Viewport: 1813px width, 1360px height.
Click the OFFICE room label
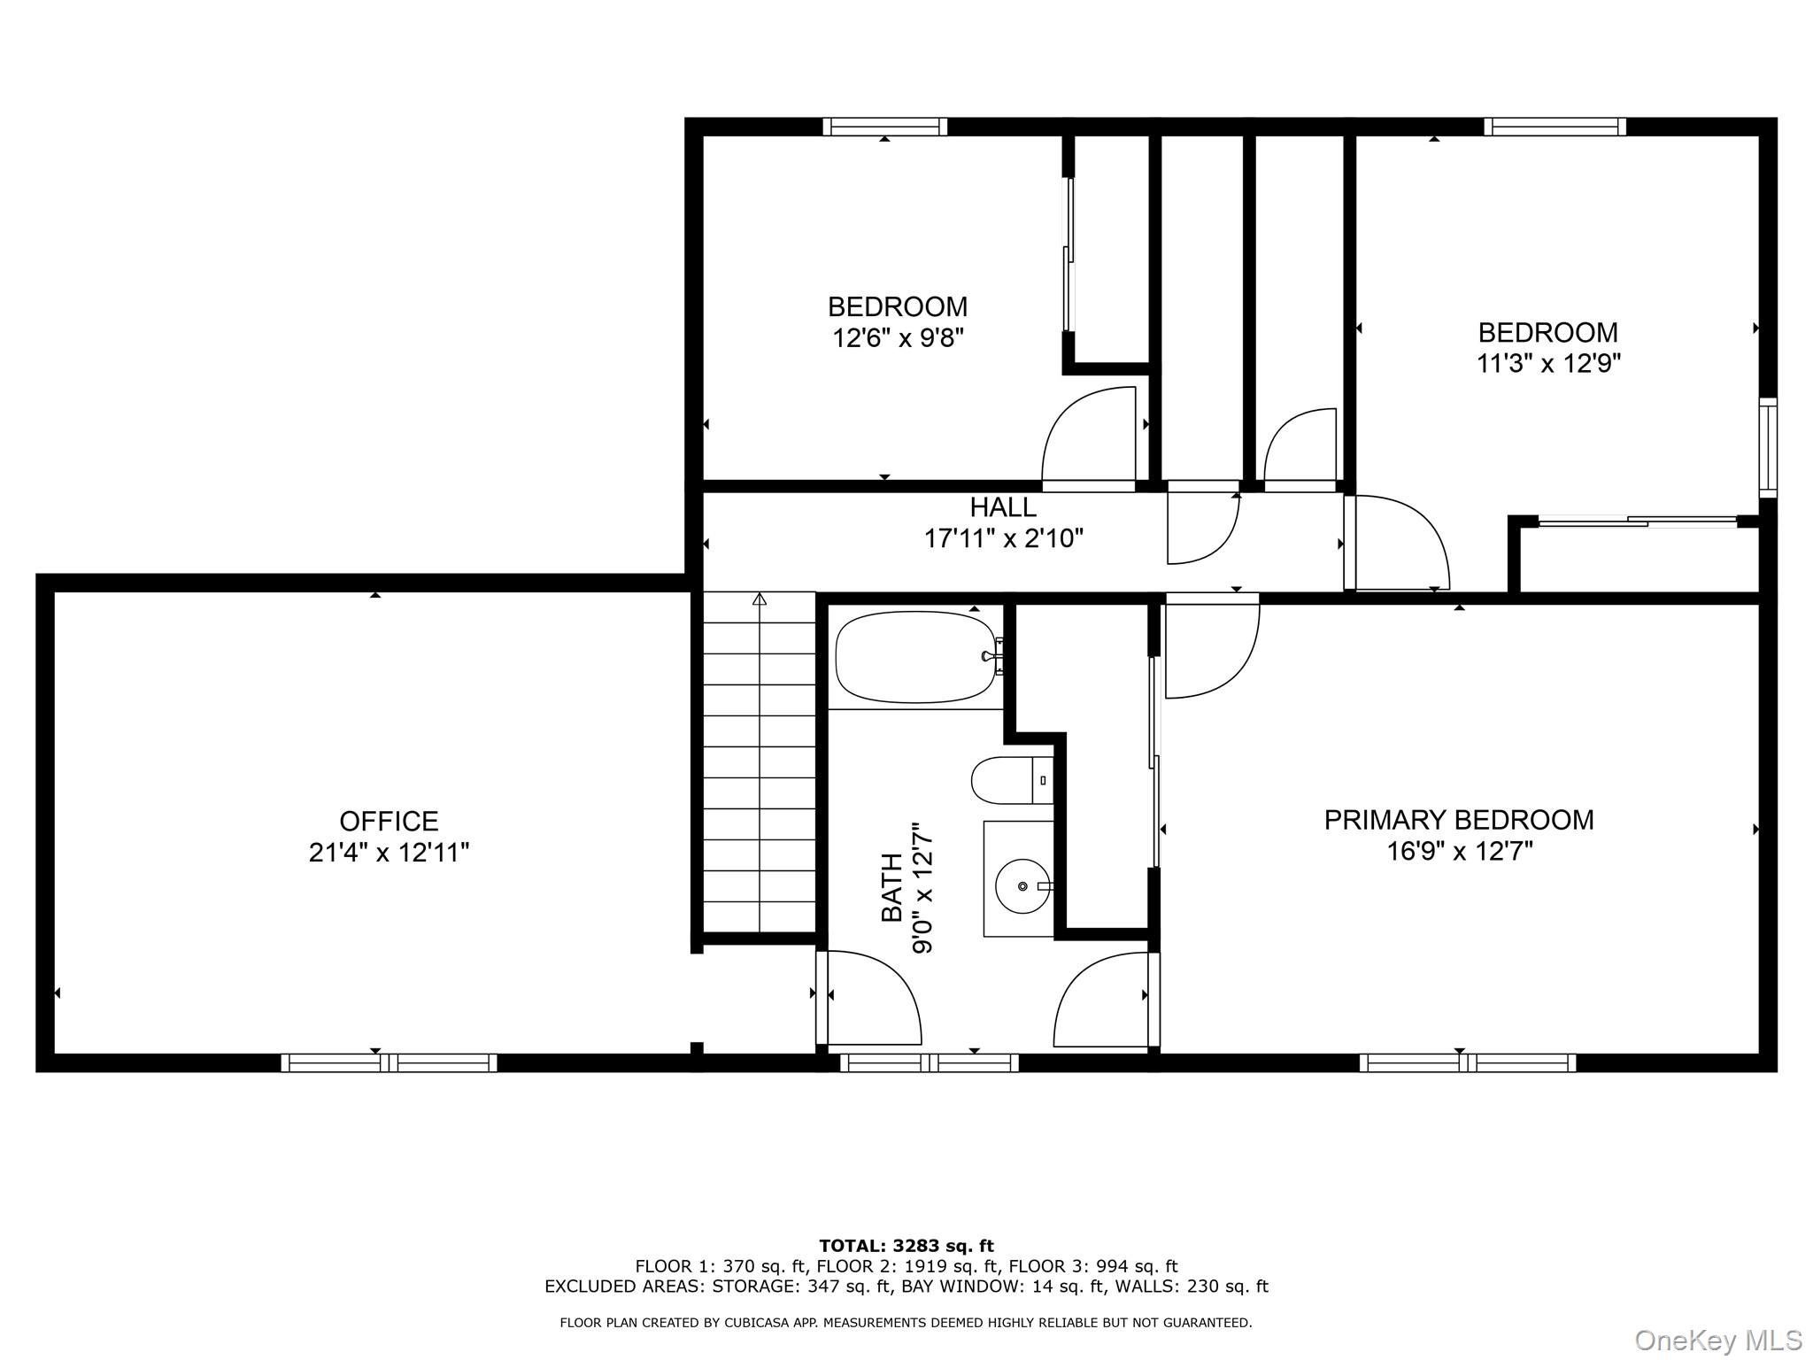389,821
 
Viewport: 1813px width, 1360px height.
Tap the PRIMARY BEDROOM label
1458,820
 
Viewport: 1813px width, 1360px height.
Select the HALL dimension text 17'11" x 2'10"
1003,538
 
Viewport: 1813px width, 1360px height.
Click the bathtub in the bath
916,657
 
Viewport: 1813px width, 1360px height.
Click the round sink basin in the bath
1022,885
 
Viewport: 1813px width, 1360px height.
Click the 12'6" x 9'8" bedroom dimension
897,338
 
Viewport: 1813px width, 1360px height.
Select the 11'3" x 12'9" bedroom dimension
1547,364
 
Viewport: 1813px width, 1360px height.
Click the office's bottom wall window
389,1062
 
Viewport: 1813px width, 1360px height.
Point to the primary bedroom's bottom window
1467,1062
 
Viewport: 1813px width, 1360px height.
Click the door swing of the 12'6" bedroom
1089,438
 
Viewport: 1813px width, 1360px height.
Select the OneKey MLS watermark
1717,1340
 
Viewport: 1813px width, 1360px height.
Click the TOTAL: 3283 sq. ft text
906,1247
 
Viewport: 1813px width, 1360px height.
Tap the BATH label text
891,887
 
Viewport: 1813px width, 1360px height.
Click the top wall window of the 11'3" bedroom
1555,127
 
